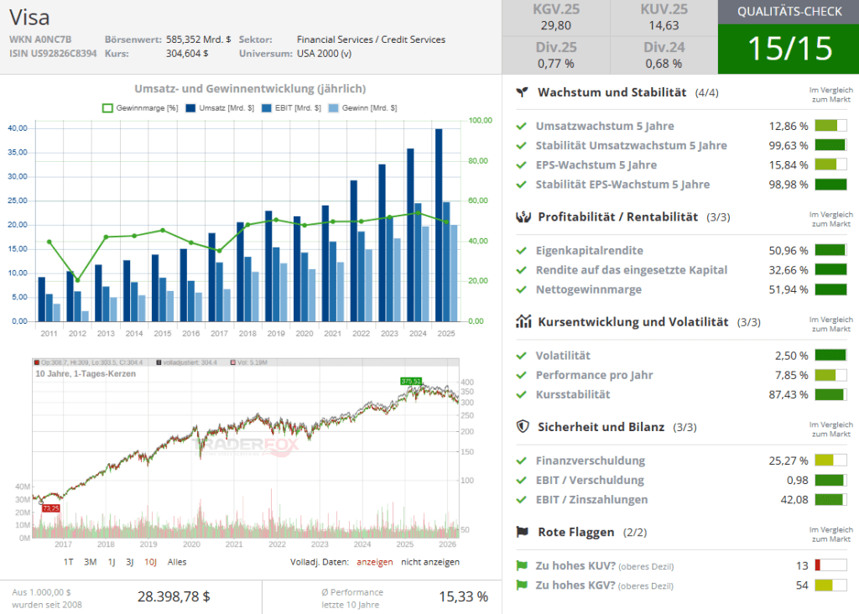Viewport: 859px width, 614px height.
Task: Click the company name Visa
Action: [29, 17]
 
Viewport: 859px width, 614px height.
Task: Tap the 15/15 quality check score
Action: [789, 49]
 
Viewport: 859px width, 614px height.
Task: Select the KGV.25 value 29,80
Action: [556, 26]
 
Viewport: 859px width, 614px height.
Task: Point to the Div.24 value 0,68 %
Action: [664, 63]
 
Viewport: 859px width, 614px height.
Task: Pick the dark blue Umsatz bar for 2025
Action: [439, 225]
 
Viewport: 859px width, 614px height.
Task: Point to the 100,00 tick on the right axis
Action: [481, 121]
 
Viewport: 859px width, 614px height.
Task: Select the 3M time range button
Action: [91, 562]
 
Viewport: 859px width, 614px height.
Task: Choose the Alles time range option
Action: [177, 562]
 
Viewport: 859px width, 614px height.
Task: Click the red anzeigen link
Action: [374, 562]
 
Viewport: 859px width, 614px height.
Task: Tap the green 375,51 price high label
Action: [411, 381]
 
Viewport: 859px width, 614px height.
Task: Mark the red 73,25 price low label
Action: [50, 508]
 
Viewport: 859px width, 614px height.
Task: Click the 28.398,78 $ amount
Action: [174, 596]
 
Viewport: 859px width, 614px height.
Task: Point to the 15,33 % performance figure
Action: [463, 596]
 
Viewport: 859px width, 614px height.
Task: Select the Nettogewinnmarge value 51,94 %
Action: [789, 289]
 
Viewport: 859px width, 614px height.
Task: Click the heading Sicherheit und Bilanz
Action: [601, 427]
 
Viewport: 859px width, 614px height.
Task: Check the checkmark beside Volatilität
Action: [522, 356]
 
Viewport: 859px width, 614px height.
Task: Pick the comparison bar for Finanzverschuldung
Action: [830, 460]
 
